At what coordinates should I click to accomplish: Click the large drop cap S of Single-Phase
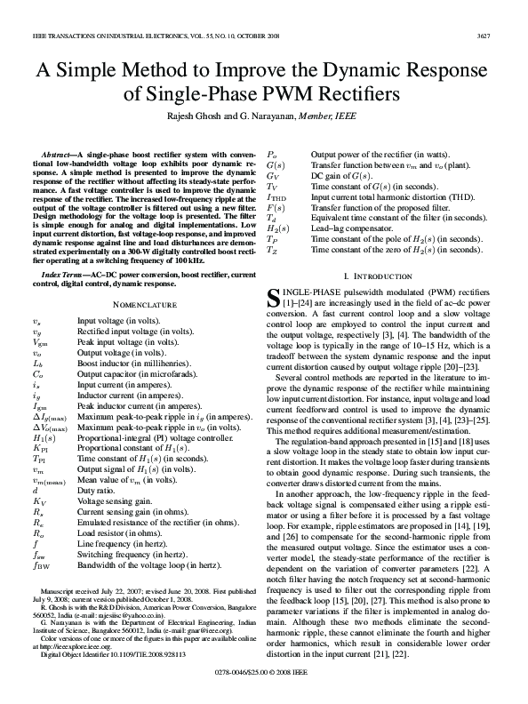click(275, 300)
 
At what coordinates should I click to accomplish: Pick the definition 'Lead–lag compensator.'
click(349, 228)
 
